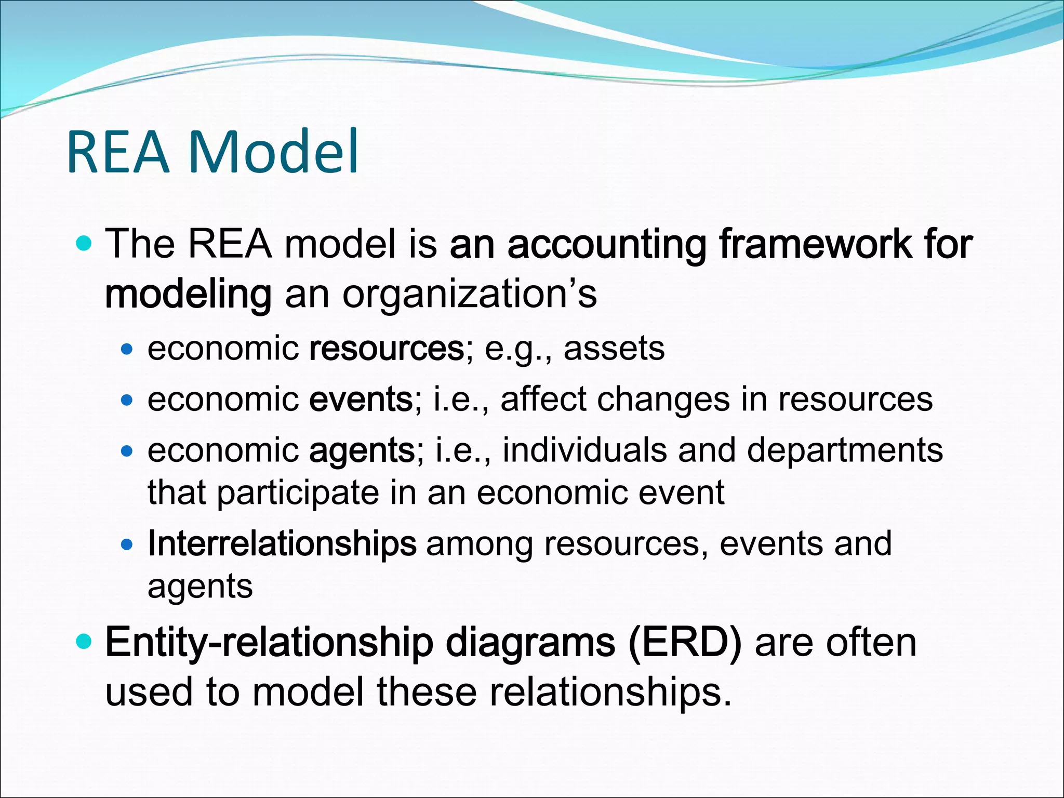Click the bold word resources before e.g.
coord(387,349)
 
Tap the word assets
coord(614,349)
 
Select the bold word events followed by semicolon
coord(361,399)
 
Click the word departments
coord(845,450)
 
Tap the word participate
coord(298,493)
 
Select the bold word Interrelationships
coord(282,544)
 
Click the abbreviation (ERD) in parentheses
coord(685,643)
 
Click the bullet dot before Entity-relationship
coord(84,641)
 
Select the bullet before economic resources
coord(127,350)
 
